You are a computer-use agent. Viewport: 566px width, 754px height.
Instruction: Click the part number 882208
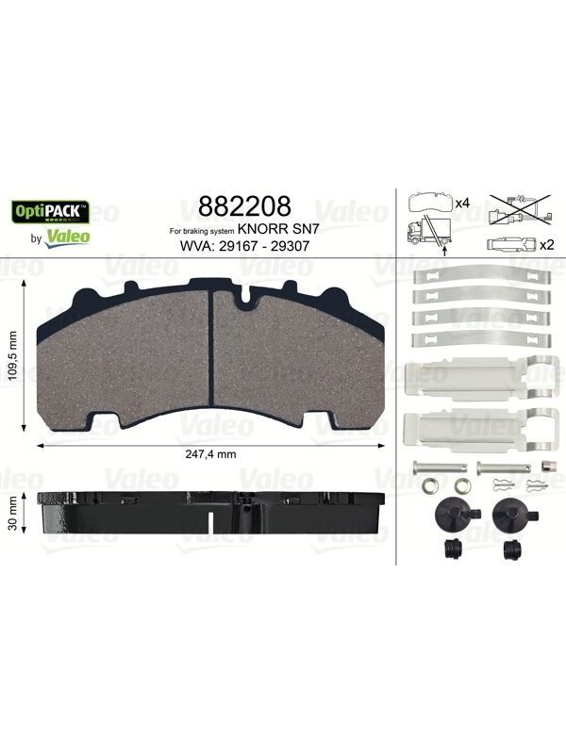[244, 206]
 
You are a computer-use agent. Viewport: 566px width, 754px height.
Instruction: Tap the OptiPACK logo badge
[51, 211]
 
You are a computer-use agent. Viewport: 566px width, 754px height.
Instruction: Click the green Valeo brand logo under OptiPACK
[67, 238]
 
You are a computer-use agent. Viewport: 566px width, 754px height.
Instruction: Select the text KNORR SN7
[278, 230]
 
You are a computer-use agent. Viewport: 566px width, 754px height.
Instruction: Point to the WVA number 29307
[290, 246]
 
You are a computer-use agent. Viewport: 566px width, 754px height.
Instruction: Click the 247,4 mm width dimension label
[210, 454]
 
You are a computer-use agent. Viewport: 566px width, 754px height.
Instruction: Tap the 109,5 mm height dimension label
[13, 356]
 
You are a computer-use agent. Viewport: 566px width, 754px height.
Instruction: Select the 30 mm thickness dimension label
[13, 513]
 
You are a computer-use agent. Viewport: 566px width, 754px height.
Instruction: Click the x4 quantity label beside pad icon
[462, 204]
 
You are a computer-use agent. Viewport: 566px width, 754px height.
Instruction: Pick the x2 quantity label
[547, 245]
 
